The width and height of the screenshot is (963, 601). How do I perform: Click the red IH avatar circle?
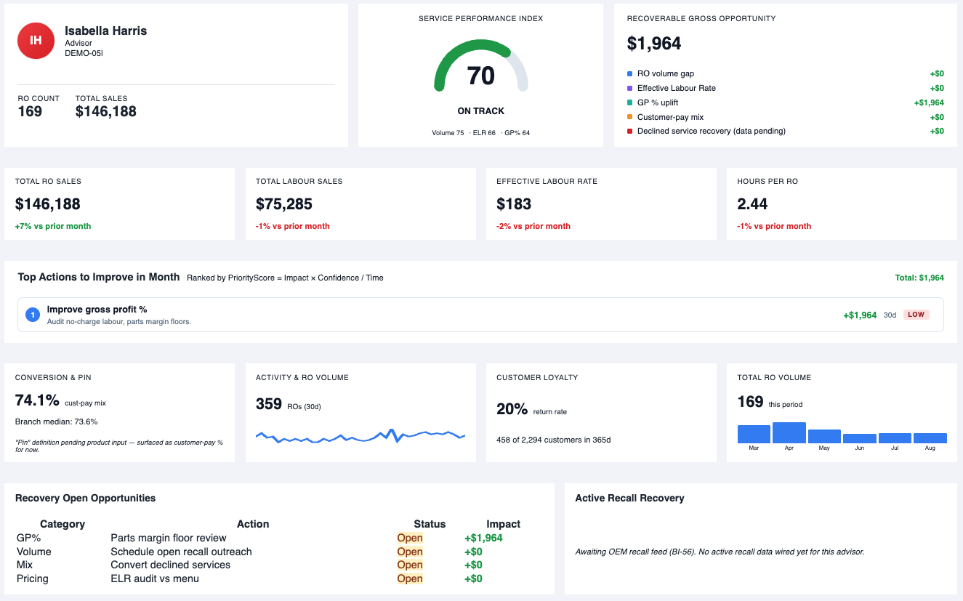[36, 41]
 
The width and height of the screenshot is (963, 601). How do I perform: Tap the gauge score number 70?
[480, 76]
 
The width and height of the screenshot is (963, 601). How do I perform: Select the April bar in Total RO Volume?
[789, 432]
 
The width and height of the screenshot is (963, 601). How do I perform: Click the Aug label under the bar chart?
[930, 448]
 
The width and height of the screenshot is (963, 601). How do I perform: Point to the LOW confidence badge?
[916, 315]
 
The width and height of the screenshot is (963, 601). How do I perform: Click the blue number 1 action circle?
[33, 315]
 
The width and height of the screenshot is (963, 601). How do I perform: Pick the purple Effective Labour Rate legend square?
[630, 88]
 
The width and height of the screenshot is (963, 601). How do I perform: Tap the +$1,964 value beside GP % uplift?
[929, 102]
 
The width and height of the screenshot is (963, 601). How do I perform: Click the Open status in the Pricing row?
[410, 578]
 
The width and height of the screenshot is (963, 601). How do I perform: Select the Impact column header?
[503, 524]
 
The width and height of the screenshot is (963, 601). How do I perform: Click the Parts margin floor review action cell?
[168, 538]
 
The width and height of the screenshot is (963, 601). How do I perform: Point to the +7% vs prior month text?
[53, 226]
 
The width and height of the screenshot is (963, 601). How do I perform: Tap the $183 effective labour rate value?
[514, 203]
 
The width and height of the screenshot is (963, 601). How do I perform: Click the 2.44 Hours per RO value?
[752, 203]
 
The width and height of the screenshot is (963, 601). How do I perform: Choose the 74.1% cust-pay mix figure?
[37, 400]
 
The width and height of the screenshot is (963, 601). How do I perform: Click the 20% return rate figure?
[512, 409]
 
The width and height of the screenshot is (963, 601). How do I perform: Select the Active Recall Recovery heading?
[629, 498]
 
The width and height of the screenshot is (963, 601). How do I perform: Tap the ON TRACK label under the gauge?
[480, 111]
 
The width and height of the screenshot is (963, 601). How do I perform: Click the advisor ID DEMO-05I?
[84, 53]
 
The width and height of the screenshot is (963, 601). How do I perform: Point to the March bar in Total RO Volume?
[754, 434]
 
